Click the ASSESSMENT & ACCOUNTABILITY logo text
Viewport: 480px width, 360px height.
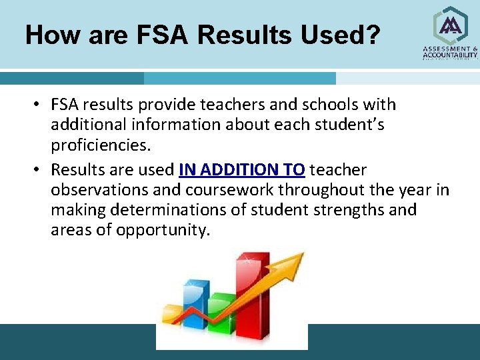coord(450,53)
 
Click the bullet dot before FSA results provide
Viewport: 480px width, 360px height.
coord(41,105)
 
